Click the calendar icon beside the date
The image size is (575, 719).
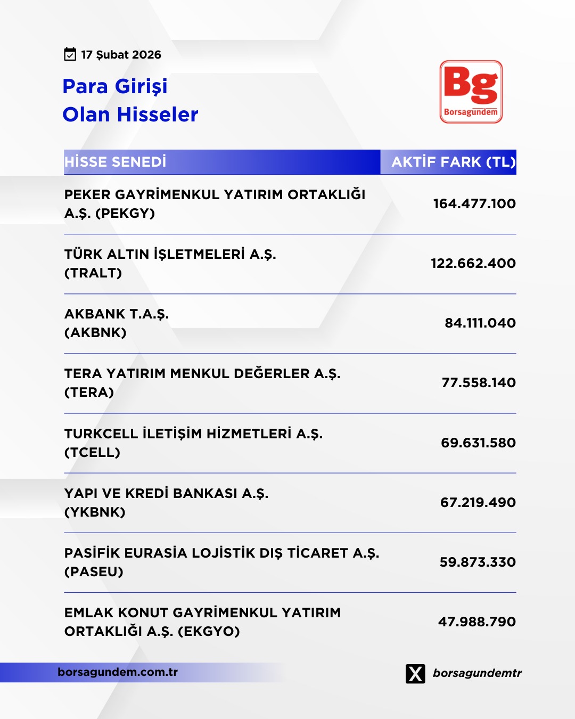(x=70, y=54)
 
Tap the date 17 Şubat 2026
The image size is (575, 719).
(x=121, y=55)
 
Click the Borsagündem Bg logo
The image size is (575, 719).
(x=471, y=92)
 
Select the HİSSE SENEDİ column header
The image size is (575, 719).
(x=116, y=162)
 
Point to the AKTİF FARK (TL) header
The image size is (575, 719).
(x=453, y=162)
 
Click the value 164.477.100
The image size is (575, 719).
(x=474, y=203)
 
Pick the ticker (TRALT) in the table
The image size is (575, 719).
(x=93, y=273)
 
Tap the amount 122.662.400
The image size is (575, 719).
(x=473, y=263)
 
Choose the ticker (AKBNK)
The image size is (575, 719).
(x=95, y=333)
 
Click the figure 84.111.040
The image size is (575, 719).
(x=480, y=323)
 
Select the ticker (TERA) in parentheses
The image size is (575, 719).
(x=89, y=393)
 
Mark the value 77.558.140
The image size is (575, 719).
(x=478, y=382)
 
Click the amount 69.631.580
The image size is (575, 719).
(x=478, y=443)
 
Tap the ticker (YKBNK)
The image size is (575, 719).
(x=95, y=512)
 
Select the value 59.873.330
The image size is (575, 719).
(x=477, y=562)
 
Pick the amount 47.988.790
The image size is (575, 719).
(x=477, y=622)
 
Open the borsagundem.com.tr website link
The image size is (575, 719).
(x=118, y=672)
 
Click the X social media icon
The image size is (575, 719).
(x=415, y=673)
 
